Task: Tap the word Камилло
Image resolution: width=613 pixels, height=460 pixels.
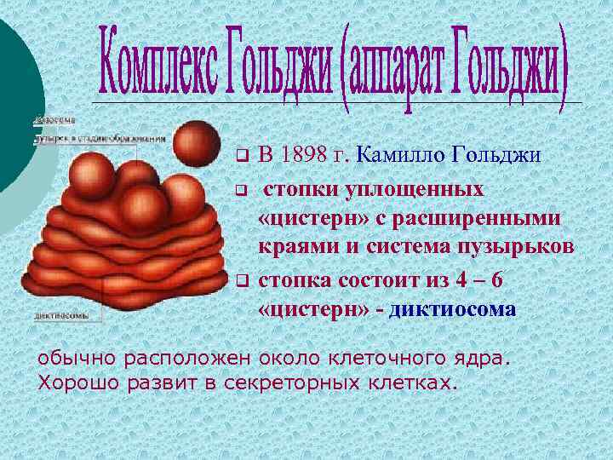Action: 395,155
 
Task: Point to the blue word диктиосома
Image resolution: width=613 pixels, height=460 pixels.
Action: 452,308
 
